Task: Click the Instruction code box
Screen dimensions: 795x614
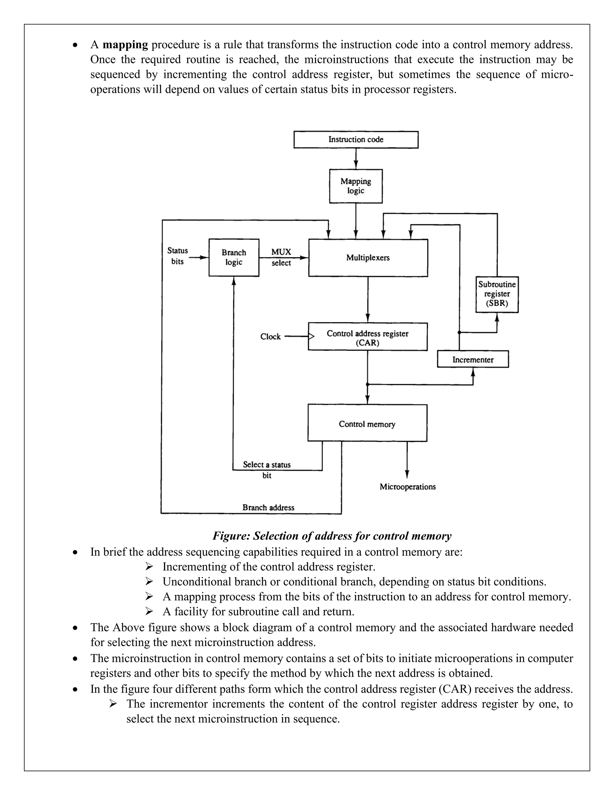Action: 356,140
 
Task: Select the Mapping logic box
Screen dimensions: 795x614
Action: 356,186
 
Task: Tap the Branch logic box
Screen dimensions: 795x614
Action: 234,257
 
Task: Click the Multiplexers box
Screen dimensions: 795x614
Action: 368,258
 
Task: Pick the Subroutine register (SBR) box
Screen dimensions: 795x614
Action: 497,294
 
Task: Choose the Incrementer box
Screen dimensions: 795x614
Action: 472,359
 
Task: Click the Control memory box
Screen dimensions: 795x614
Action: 367,423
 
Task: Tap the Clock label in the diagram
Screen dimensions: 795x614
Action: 270,337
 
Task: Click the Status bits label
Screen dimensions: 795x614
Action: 177,256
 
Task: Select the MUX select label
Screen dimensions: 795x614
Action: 281,257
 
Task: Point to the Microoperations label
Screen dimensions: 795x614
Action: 407,487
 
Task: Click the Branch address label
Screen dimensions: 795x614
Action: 268,507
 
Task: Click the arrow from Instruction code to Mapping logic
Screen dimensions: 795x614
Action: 356,159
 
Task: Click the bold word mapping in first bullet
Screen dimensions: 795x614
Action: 125,45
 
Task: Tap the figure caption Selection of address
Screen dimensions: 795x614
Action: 332,536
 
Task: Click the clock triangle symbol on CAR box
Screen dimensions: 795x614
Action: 311,337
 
